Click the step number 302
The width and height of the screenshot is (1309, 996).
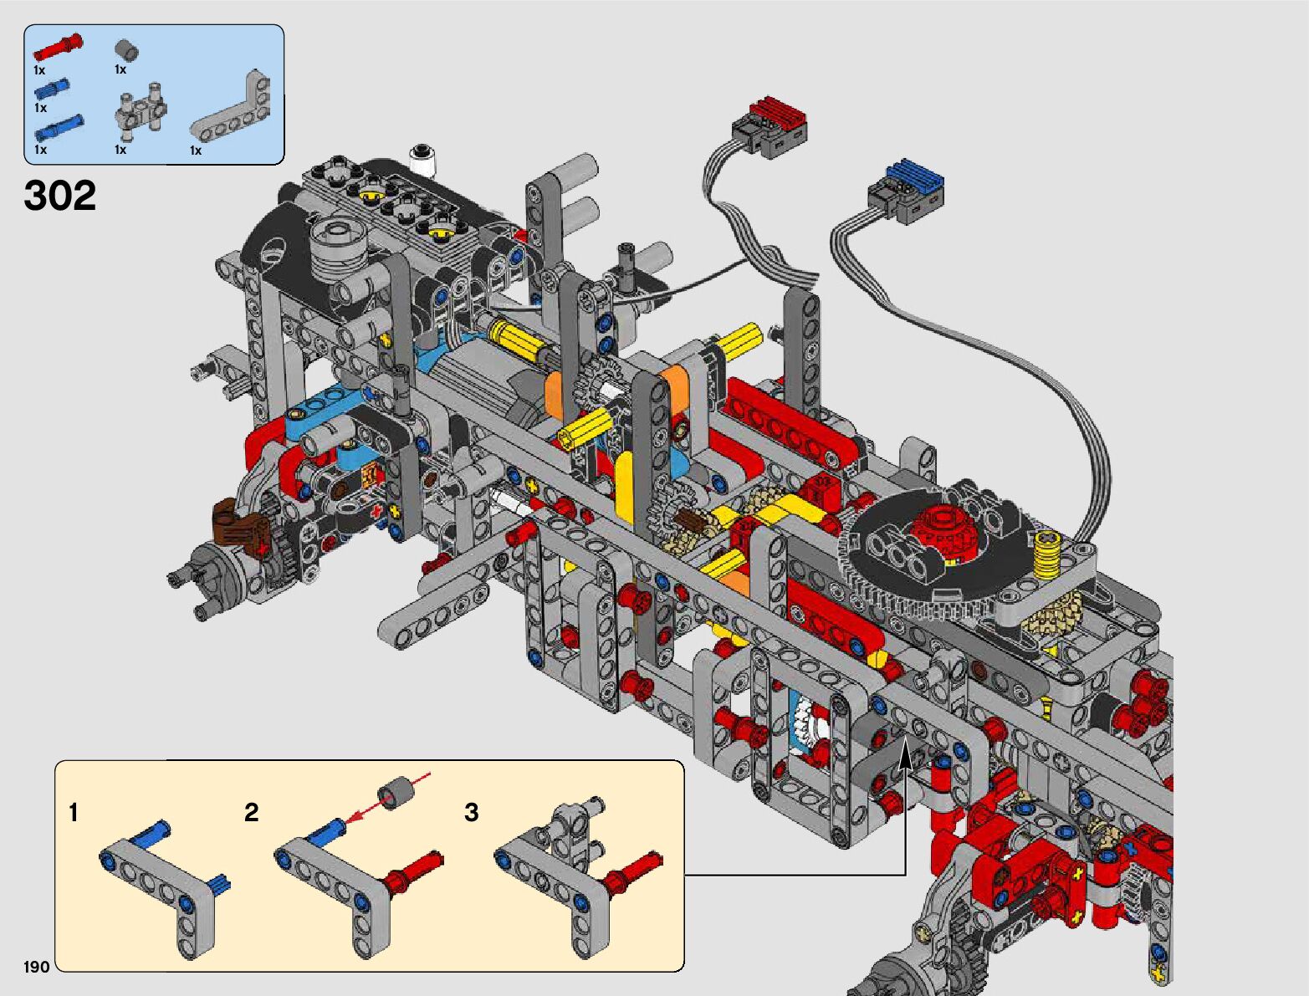click(x=59, y=196)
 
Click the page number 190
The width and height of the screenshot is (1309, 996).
click(x=36, y=966)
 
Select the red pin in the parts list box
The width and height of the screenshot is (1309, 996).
click(x=58, y=47)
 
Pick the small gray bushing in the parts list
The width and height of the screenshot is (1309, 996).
click(x=126, y=50)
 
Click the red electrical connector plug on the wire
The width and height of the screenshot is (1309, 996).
click(x=770, y=127)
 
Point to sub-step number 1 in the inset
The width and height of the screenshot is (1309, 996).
click(x=74, y=812)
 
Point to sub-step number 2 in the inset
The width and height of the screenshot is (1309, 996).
click(x=251, y=812)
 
